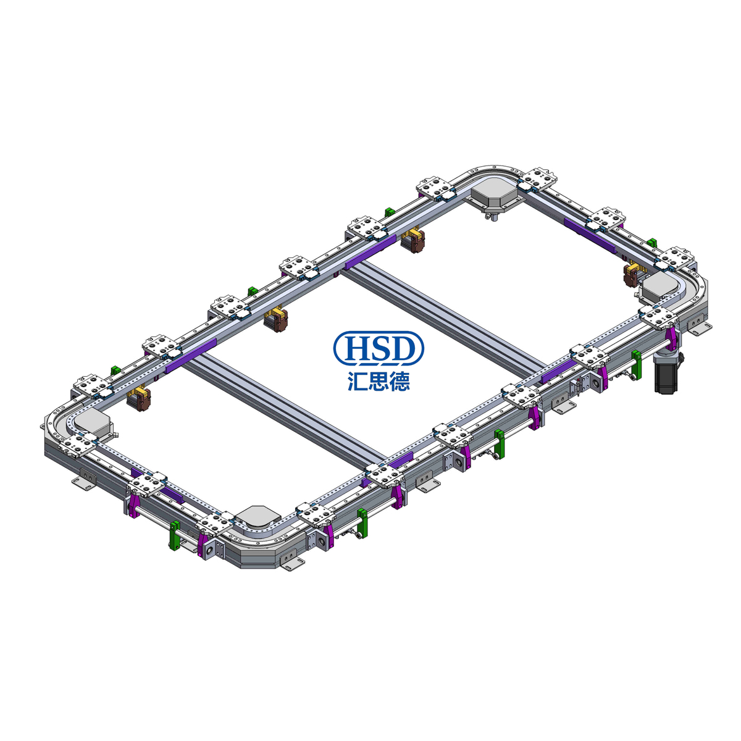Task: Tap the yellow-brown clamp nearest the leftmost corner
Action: tap(139, 398)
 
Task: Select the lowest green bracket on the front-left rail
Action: tap(175, 535)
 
